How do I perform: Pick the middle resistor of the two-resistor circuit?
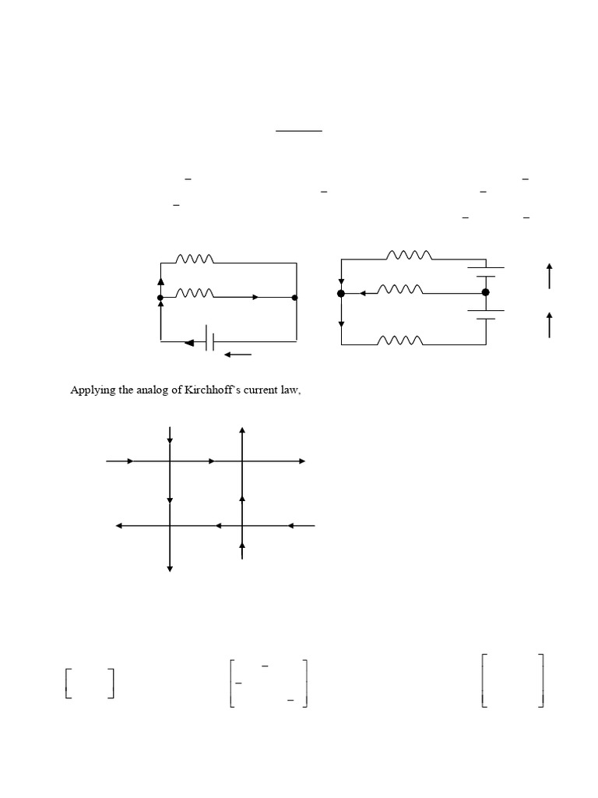(195, 293)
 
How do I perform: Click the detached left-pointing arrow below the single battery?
(237, 355)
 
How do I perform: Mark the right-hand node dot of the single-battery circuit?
(294, 297)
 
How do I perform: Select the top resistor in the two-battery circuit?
(409, 255)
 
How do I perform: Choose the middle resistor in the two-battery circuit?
(400, 289)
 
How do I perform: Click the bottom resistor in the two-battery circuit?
(400, 340)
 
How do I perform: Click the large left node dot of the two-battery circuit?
(340, 293)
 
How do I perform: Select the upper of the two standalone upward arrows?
(550, 276)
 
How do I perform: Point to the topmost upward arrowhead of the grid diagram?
(243, 430)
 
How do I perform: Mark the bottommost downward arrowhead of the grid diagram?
(170, 570)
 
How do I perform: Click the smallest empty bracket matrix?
(90, 683)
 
